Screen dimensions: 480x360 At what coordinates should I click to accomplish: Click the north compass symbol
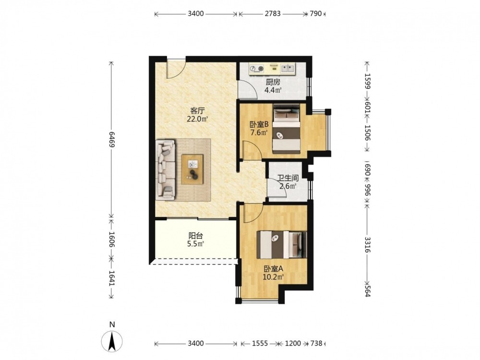point(112,341)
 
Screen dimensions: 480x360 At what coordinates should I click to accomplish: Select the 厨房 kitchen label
point(273,82)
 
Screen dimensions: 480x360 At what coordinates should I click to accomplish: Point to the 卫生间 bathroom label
point(288,178)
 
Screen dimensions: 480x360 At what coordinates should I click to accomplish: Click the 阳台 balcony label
point(195,236)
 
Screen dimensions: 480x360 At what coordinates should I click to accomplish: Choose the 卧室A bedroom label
point(274,269)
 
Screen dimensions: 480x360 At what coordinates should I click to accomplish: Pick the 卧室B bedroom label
point(259,125)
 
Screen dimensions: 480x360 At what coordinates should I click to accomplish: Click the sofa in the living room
point(165,170)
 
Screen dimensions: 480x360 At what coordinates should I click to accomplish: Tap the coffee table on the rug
point(192,169)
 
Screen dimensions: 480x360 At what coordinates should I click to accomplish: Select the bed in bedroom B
point(286,129)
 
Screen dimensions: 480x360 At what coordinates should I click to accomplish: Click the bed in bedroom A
point(281,245)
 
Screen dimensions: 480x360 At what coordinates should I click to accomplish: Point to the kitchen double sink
point(287,68)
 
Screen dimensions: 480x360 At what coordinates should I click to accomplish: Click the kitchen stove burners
point(257,69)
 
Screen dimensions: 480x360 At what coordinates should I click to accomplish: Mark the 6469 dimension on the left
point(112,140)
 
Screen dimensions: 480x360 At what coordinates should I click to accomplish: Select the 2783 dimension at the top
point(273,14)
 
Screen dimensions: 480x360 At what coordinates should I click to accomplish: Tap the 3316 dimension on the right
point(367,245)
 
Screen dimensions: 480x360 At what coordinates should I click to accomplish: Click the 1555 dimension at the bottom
point(260,344)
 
